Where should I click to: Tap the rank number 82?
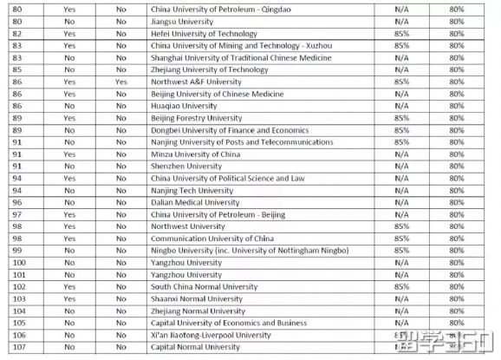coord(17,33)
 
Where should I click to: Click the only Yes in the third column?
coord(120,82)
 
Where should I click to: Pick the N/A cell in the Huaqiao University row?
coord(401,106)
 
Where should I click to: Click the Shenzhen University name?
coord(186,167)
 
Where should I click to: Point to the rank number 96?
coord(17,202)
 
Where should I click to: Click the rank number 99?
coord(17,251)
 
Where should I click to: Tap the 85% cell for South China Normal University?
coord(401,287)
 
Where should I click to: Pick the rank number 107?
coord(17,347)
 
